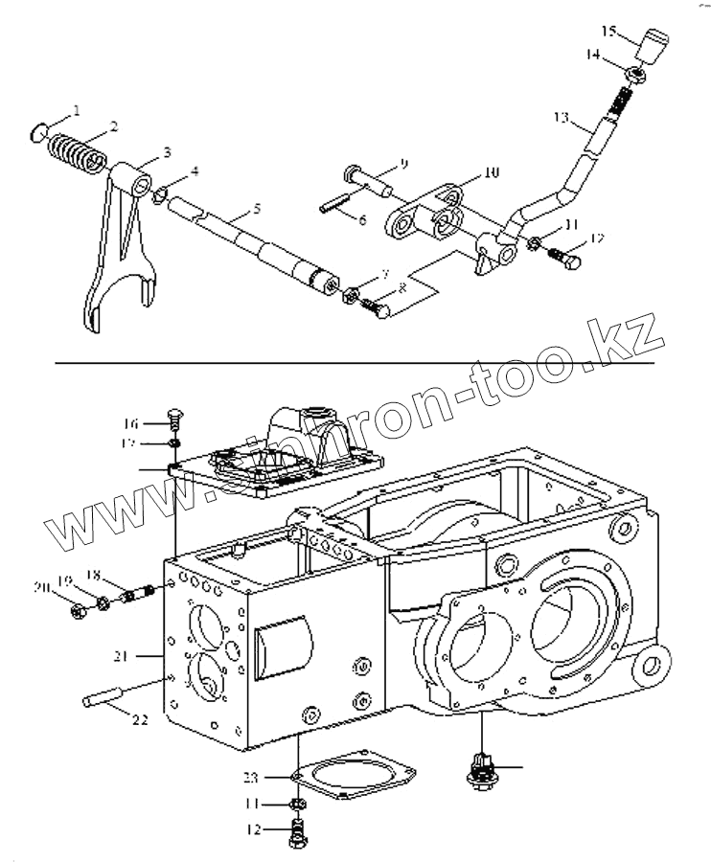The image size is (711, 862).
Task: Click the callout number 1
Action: [x=77, y=109]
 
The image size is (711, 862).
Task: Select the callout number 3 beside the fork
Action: [x=167, y=151]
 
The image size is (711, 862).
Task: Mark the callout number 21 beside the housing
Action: [x=120, y=655]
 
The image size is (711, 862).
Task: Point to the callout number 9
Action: [x=403, y=165]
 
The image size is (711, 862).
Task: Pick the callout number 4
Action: [x=195, y=171]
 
